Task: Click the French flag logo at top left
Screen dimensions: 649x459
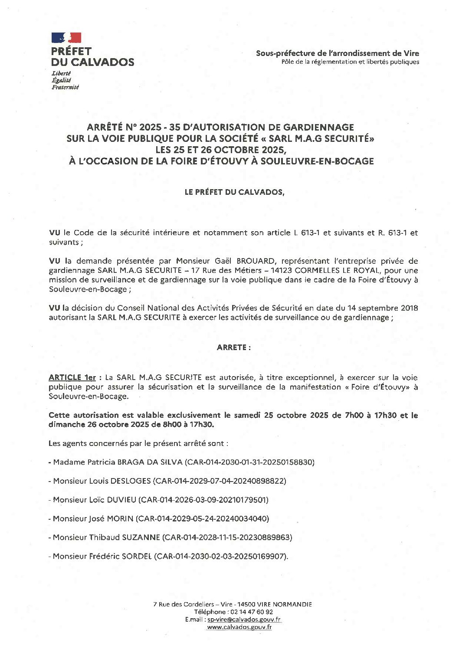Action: [66, 38]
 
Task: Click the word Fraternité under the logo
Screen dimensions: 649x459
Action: [65, 87]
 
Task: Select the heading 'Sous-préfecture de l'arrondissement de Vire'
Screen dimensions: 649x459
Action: [337, 53]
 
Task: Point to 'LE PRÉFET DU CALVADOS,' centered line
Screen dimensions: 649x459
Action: [235, 192]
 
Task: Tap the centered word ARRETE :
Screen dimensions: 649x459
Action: [233, 347]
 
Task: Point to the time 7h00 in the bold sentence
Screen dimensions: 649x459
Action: [354, 415]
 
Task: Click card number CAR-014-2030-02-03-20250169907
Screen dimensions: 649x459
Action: [221, 556]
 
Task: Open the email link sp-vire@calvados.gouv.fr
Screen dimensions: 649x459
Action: [244, 620]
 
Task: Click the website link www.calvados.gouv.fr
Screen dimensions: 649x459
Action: [239, 627]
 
